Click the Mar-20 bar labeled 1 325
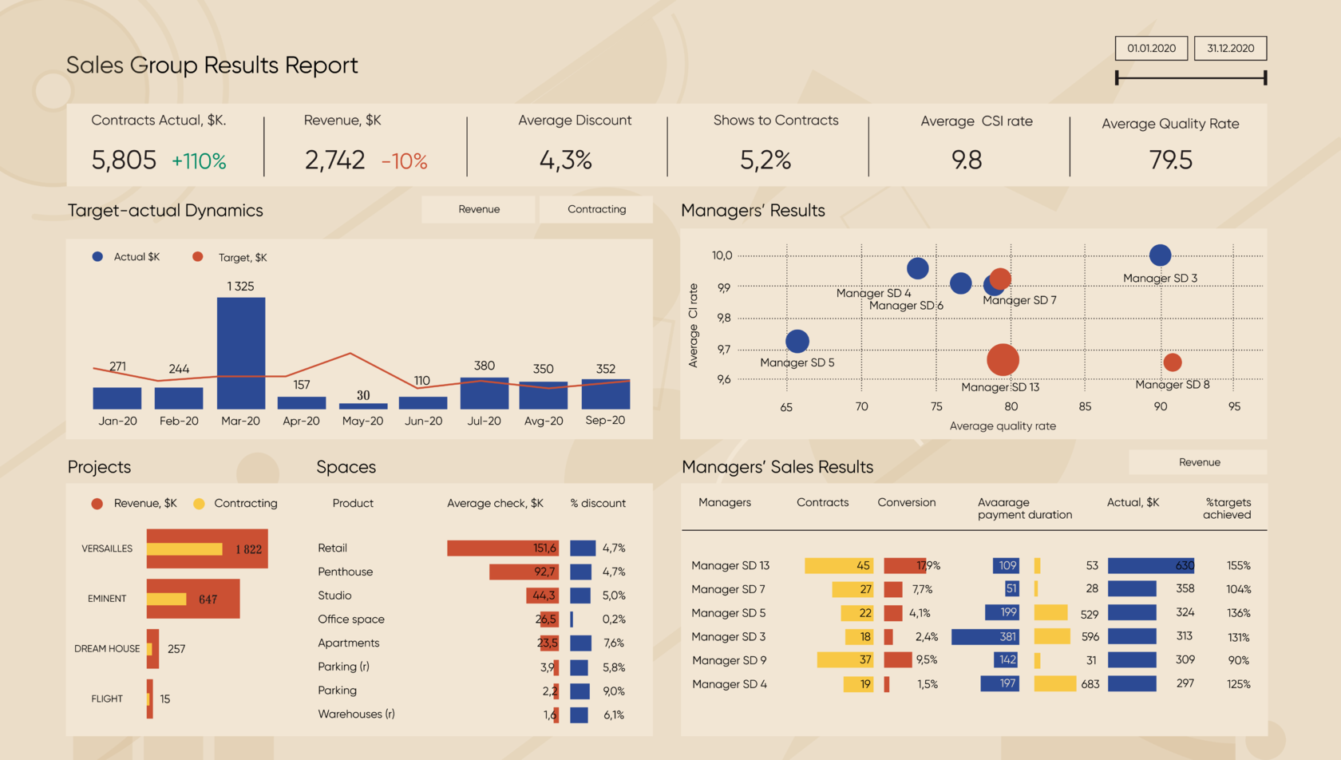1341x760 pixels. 241,353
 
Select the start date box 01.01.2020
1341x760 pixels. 1151,49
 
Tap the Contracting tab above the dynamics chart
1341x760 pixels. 596,209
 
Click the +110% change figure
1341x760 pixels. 199,161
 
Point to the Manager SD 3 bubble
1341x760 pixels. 1160,255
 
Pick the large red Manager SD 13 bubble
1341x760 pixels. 1003,359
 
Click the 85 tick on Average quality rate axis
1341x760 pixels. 1085,406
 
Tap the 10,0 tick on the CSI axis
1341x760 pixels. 722,255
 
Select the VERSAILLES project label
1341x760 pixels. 107,548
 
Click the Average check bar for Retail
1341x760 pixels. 502,548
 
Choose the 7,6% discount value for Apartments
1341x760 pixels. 614,643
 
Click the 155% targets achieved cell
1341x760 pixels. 1238,566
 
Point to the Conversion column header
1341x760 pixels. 906,503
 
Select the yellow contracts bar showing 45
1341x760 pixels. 839,566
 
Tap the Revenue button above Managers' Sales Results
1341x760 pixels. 1199,462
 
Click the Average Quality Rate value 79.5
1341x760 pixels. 1170,160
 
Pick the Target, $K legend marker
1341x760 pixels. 198,257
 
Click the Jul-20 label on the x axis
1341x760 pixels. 484,422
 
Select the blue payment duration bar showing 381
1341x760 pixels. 985,637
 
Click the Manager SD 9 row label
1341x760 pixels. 729,661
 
